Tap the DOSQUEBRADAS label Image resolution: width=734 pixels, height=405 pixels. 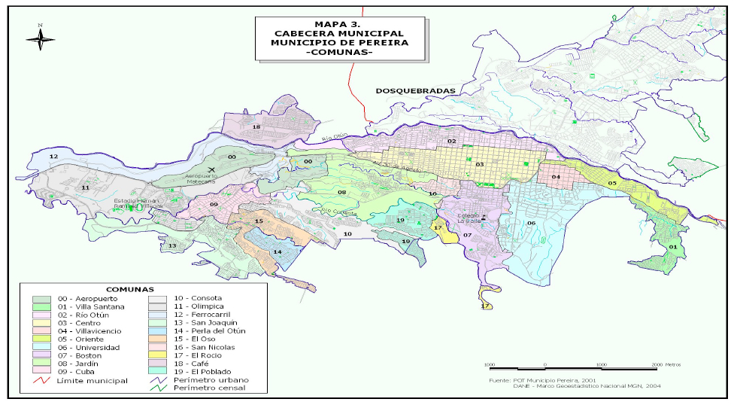click(x=416, y=90)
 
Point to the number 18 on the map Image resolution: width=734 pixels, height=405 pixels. click(x=256, y=127)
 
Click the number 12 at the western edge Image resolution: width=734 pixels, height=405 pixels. click(x=53, y=156)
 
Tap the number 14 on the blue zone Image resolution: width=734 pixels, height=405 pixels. click(x=277, y=251)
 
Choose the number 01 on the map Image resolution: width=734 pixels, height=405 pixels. click(x=672, y=246)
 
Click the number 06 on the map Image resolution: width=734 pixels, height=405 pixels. click(x=530, y=223)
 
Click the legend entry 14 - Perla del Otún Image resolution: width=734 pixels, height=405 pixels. click(x=213, y=330)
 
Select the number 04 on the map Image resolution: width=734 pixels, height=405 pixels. click(x=556, y=177)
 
